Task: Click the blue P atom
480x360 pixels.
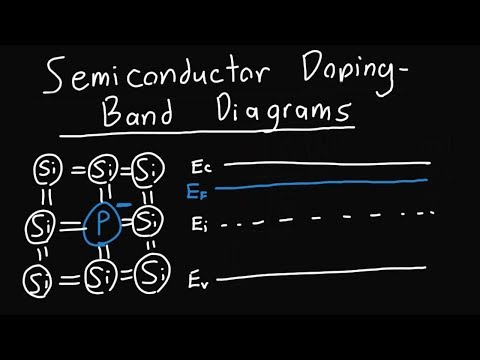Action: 101,223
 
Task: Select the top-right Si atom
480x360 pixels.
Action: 148,169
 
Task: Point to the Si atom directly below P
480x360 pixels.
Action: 100,274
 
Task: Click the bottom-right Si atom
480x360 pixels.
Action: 151,271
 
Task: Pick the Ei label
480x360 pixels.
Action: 199,226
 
